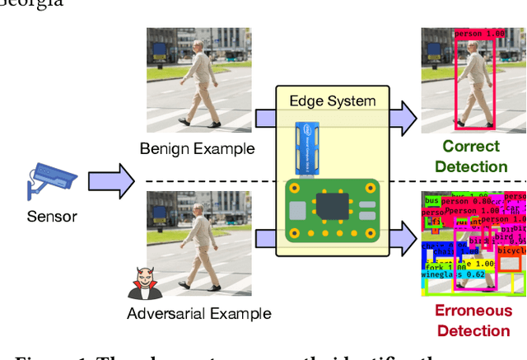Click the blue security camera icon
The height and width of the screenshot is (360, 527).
(x=50, y=180)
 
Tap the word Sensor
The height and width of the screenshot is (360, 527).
(x=51, y=217)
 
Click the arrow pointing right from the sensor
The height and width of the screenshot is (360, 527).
(x=110, y=181)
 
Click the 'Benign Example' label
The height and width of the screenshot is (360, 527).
(x=197, y=149)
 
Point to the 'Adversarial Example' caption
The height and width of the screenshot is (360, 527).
(x=198, y=313)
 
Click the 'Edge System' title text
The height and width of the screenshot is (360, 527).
(x=332, y=101)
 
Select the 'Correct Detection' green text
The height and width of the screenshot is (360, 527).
(x=471, y=157)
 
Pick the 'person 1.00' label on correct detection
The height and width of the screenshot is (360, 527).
(x=478, y=35)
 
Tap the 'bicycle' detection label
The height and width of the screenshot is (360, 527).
(x=510, y=248)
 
